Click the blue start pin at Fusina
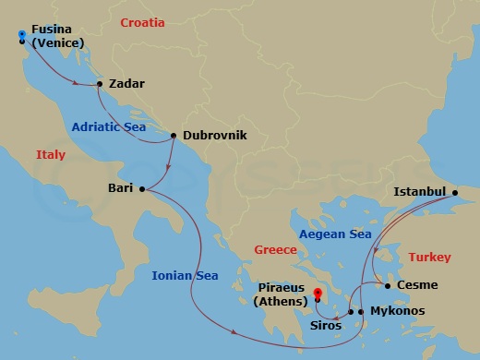pos(21,35)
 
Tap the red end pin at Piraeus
pos(317,295)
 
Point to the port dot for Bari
pos(142,189)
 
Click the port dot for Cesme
pos(389,285)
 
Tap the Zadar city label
pos(126,84)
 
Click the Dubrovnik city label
pos(215,135)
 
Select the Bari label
pos(122,188)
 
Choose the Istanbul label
pos(420,192)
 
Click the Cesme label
pos(417,285)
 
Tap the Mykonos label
pos(398,311)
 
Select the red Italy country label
pos(51,155)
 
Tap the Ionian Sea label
pos(186,274)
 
